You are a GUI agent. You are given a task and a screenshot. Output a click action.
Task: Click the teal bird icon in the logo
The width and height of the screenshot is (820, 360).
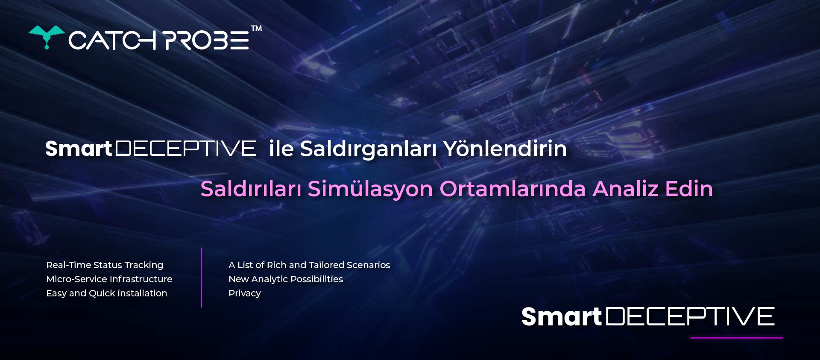pyautogui.click(x=47, y=36)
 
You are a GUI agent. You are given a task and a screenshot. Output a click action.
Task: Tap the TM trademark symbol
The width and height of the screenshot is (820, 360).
pyautogui.click(x=256, y=29)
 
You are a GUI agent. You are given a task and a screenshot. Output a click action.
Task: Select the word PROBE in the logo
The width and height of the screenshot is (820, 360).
pyautogui.click(x=207, y=41)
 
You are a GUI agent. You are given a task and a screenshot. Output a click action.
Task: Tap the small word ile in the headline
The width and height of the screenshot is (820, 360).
pyautogui.click(x=281, y=149)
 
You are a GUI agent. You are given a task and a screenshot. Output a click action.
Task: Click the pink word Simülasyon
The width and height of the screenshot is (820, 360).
pyautogui.click(x=370, y=189)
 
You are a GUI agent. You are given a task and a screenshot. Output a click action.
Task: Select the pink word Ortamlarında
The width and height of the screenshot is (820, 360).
pyautogui.click(x=513, y=189)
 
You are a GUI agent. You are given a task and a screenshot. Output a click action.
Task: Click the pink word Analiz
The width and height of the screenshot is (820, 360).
pyautogui.click(x=626, y=189)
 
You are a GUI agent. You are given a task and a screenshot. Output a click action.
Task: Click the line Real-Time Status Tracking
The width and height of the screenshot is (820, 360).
pyautogui.click(x=105, y=265)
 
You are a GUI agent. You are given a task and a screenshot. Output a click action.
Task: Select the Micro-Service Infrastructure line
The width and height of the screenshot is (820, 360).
pyautogui.click(x=109, y=279)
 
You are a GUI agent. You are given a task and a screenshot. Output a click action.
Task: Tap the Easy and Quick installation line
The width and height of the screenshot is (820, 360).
pyautogui.click(x=107, y=293)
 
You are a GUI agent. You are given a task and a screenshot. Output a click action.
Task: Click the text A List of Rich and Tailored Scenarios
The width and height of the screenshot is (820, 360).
pyautogui.click(x=309, y=265)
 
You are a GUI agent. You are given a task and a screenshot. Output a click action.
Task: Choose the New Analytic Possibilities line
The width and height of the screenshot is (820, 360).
pyautogui.click(x=286, y=279)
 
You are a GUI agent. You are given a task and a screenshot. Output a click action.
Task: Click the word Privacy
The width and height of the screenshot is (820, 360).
pyautogui.click(x=245, y=293)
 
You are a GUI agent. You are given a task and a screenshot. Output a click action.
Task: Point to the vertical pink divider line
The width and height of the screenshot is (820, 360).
pyautogui.click(x=202, y=278)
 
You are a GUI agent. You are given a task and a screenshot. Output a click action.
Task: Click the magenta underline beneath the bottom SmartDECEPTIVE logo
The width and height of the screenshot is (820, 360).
pyautogui.click(x=737, y=338)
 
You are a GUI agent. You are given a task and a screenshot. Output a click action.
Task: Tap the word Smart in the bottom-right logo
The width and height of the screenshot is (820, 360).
pyautogui.click(x=561, y=317)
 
